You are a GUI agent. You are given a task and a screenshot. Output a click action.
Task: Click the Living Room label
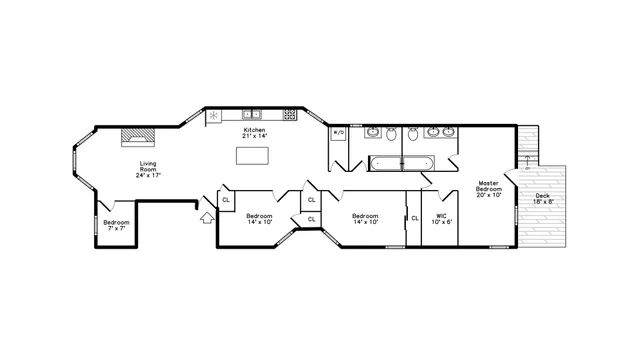click(x=148, y=168)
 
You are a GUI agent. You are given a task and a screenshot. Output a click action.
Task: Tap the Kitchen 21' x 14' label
click(x=255, y=133)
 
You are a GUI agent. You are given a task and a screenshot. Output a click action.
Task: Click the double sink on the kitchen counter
click(x=251, y=114)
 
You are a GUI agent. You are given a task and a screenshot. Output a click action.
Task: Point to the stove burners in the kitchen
click(x=289, y=114)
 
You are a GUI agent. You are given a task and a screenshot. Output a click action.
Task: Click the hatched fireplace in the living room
click(x=134, y=137)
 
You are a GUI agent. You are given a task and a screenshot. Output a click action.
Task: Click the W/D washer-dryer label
click(x=338, y=132)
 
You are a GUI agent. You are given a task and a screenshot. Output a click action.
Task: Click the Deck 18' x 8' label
click(x=542, y=199)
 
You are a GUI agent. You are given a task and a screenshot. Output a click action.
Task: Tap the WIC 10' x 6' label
click(x=441, y=218)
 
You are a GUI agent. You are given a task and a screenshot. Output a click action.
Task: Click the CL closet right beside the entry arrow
click(x=226, y=200)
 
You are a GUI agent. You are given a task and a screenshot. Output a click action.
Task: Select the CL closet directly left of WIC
click(x=414, y=217)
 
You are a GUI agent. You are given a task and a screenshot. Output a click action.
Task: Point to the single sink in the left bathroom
click(x=372, y=132)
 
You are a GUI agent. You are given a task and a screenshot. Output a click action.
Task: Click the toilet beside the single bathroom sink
click(x=393, y=134)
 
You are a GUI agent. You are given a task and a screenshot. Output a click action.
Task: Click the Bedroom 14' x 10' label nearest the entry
click(x=260, y=219)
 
